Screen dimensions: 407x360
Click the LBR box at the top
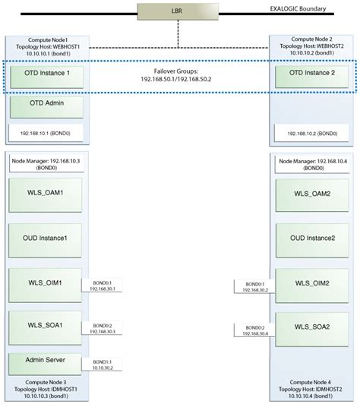178,12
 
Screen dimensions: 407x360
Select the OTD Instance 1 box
42,74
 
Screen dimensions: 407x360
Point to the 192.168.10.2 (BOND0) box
311,133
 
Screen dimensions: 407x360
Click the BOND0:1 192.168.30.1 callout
106,286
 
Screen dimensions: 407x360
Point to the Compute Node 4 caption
313,386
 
